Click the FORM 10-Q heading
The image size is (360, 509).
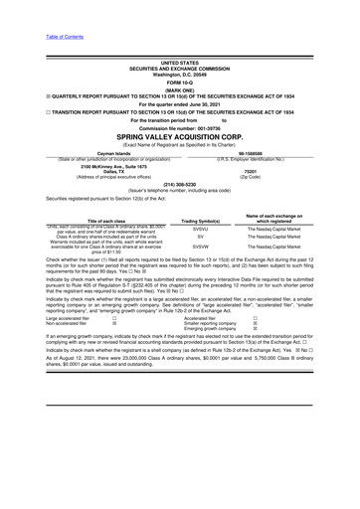click(179, 82)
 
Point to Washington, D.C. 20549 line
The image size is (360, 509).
click(179, 75)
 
